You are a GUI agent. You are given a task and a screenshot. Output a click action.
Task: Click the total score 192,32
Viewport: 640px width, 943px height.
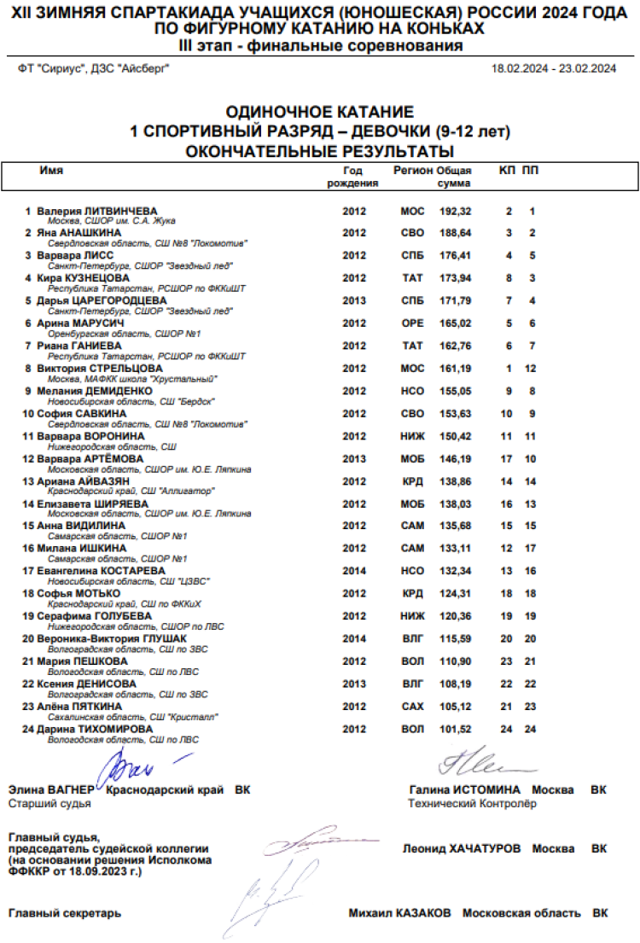(x=455, y=211)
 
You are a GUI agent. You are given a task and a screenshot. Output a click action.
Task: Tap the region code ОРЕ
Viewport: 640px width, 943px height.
(x=412, y=323)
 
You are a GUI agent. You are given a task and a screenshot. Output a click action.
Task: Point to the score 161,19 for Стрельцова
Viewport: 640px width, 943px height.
(x=455, y=369)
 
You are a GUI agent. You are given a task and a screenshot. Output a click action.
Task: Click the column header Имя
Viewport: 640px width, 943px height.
(x=51, y=171)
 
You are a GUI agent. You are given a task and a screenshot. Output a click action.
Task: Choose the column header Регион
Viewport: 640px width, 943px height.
(x=413, y=171)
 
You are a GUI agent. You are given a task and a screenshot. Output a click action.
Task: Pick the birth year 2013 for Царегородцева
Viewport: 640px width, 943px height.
(x=354, y=301)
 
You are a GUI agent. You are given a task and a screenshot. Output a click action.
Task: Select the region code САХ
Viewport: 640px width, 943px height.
(x=412, y=707)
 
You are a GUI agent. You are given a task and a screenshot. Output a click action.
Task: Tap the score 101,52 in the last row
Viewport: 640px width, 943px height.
(x=455, y=730)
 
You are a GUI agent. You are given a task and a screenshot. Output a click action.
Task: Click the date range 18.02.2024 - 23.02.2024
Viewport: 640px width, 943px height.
(x=554, y=69)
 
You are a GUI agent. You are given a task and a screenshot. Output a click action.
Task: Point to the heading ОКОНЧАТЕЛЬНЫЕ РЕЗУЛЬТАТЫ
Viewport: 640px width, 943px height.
(x=319, y=152)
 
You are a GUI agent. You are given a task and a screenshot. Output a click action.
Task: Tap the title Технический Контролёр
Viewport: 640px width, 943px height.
(x=472, y=804)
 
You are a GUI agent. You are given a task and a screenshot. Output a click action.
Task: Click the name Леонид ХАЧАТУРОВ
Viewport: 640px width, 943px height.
(x=461, y=849)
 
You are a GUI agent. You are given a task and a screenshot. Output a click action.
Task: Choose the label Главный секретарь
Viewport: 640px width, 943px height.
(x=64, y=913)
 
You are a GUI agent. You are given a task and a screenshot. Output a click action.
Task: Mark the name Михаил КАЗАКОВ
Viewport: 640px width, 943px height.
(x=399, y=913)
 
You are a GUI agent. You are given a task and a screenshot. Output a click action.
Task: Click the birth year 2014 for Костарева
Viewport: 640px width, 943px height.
(x=354, y=571)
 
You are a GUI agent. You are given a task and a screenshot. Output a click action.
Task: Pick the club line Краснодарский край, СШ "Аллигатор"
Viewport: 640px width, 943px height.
(x=131, y=492)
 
